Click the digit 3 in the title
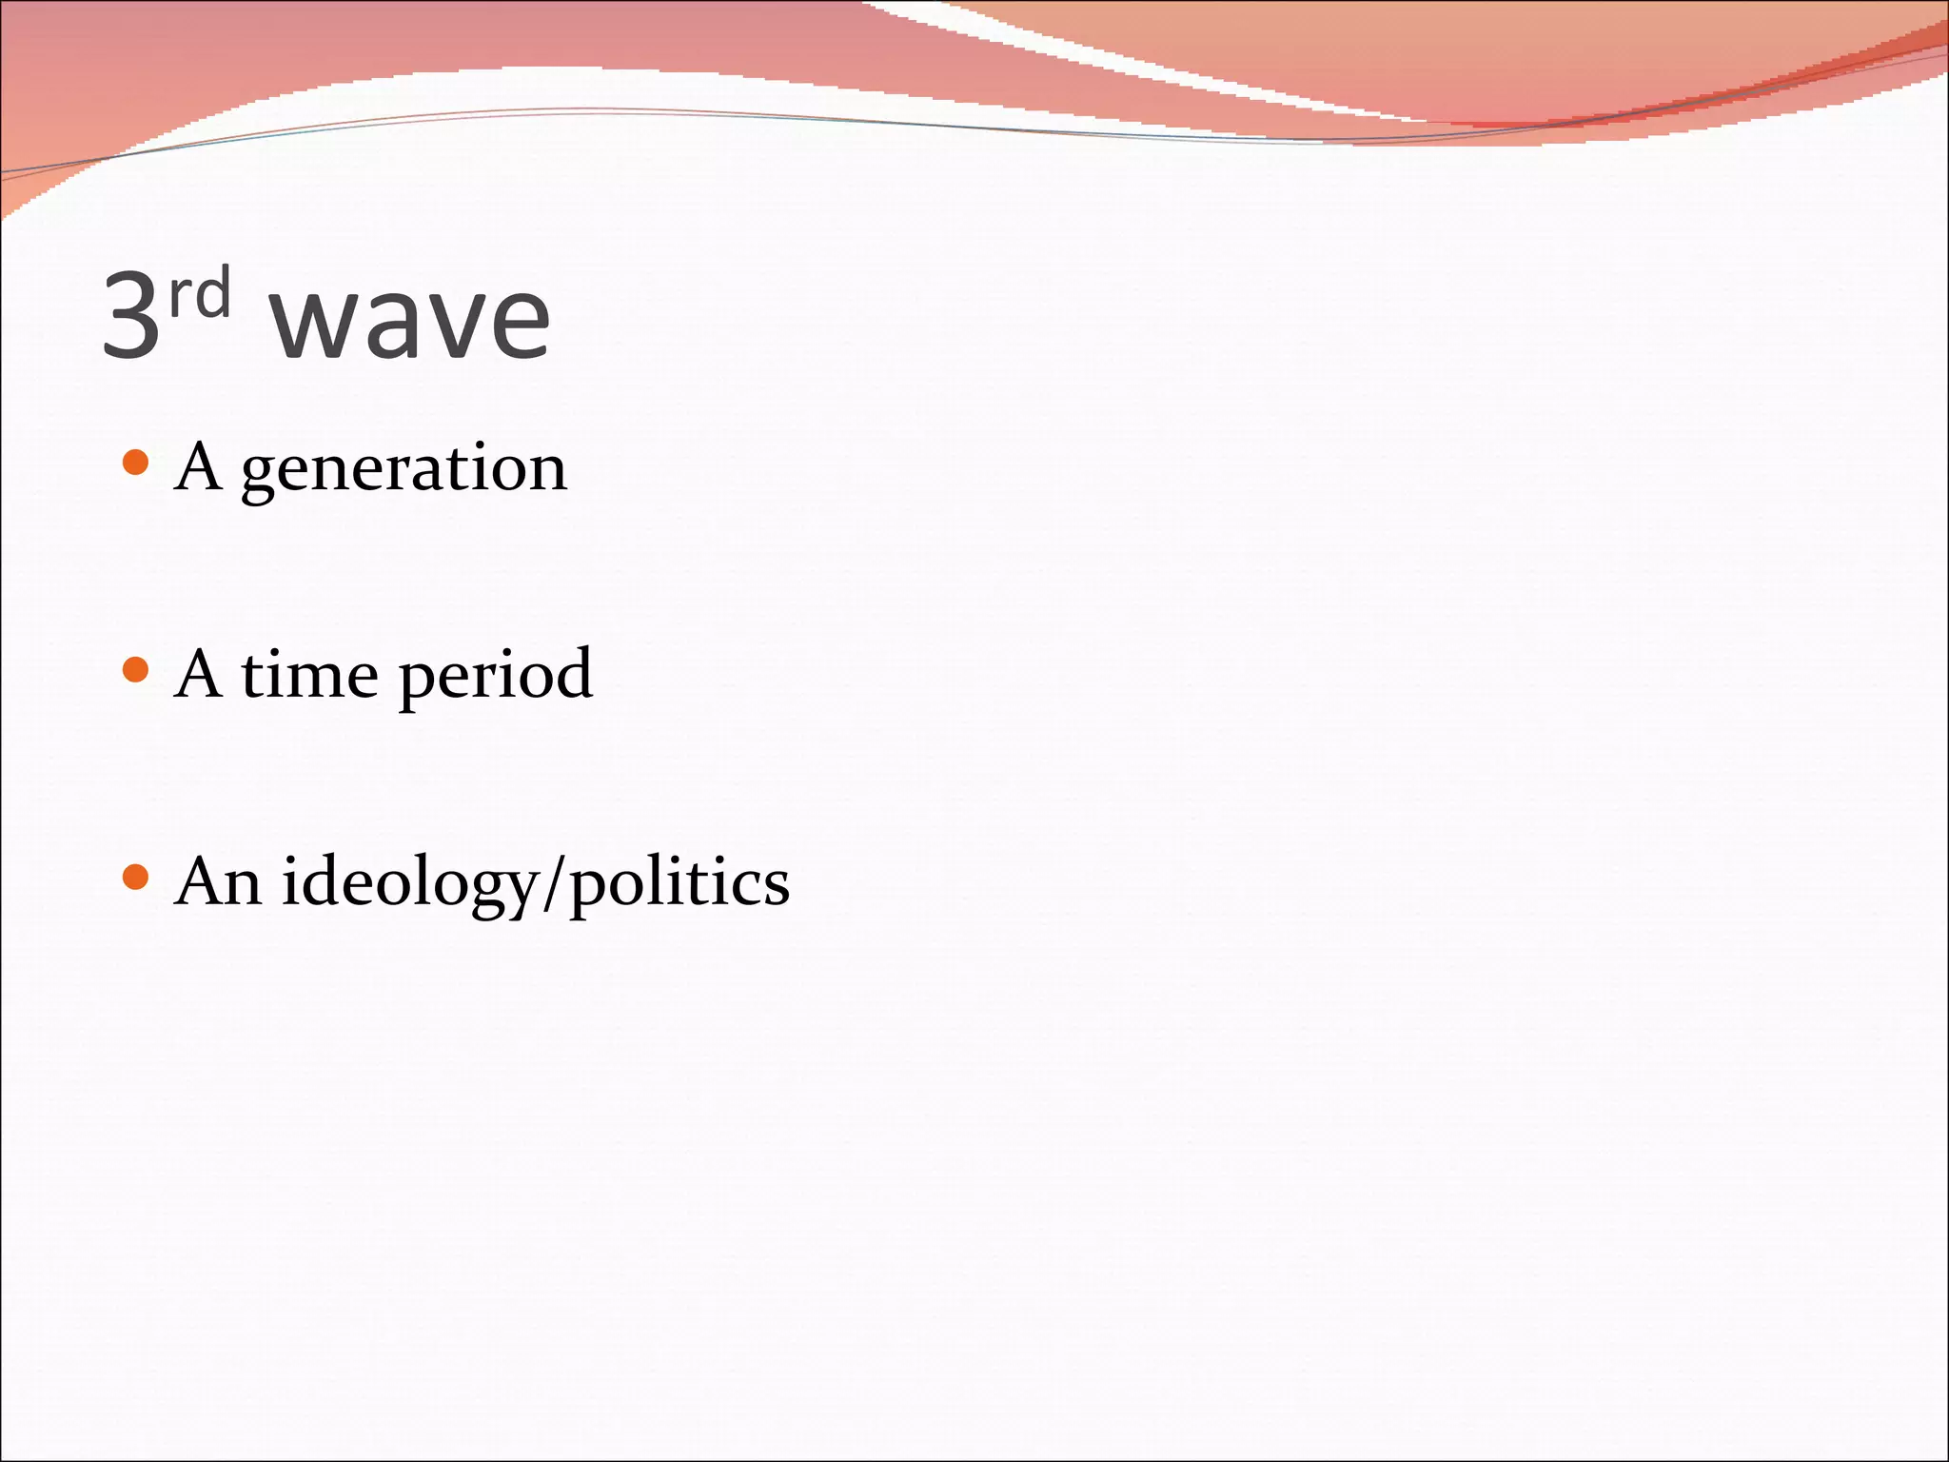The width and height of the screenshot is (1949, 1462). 131,314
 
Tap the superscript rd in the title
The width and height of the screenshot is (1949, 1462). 200,292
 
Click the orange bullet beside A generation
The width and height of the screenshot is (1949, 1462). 136,464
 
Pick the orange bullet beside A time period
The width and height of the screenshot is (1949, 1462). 136,670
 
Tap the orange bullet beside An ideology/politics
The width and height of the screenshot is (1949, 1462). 136,877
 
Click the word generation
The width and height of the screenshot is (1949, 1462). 404,470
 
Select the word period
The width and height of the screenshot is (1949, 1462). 495,677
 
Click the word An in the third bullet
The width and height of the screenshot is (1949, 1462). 218,881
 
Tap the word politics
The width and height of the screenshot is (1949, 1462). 679,884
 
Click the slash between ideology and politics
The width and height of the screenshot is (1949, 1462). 554,884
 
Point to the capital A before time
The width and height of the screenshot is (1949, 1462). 198,674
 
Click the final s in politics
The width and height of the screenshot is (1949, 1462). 776,887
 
